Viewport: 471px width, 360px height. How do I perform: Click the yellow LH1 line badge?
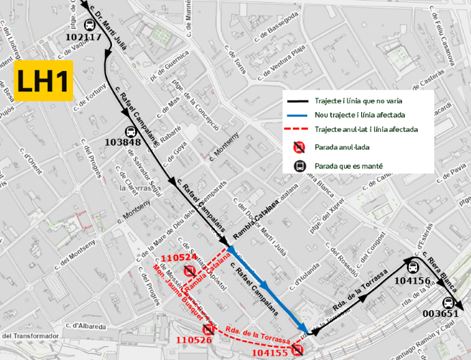[43, 81]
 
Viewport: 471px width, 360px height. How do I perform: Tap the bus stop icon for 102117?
[90, 26]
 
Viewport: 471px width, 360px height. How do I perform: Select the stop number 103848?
[124, 143]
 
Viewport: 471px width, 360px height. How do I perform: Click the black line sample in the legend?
[299, 99]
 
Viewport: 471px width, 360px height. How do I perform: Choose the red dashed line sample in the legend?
[299, 128]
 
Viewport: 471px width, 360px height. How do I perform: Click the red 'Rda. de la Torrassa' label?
[258, 336]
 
